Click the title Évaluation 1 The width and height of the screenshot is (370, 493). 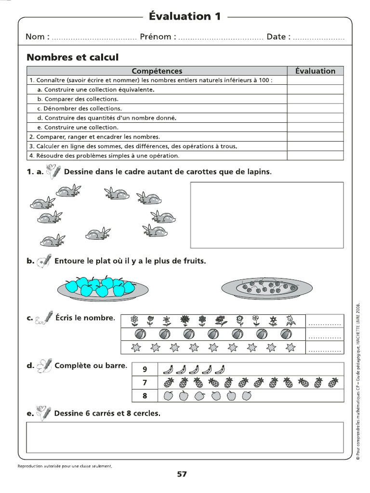pos(185,16)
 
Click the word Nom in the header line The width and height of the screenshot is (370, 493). pos(35,37)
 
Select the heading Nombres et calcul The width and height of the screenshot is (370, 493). pos(72,57)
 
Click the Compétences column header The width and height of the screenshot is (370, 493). pos(157,71)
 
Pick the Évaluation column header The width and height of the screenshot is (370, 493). pos(315,71)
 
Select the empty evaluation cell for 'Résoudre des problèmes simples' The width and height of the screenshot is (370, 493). pos(315,156)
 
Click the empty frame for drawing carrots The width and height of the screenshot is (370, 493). pos(267,215)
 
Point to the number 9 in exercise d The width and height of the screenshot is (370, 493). pos(144,369)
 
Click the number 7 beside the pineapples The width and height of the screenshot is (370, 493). pos(144,383)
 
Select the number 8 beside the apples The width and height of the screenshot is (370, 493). pos(144,396)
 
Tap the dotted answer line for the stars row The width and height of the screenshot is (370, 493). pos(324,350)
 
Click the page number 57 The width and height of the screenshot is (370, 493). pos(182,474)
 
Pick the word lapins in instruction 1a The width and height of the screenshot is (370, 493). pos(258,172)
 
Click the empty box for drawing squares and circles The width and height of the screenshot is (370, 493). pos(185,437)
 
